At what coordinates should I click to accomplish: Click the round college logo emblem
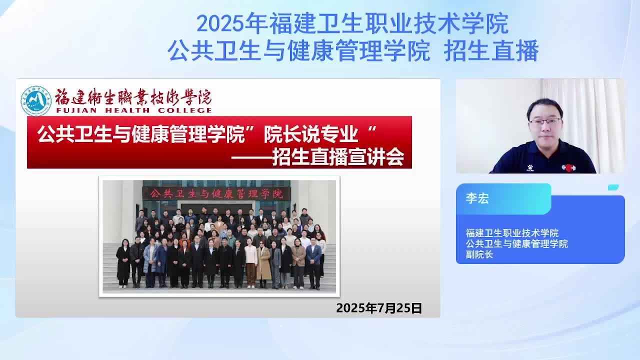36,100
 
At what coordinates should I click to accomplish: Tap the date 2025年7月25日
379,308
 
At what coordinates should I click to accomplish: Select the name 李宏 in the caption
477,198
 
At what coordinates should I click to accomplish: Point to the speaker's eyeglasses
545,121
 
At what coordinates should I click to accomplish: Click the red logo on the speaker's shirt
568,167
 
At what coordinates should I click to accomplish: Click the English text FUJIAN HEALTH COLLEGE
133,110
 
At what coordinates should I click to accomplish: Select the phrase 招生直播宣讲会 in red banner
338,157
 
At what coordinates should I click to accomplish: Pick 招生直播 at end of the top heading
491,51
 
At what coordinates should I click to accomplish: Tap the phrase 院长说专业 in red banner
311,134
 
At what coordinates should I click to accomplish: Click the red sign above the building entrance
216,194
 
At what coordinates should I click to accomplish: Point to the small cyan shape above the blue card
613,187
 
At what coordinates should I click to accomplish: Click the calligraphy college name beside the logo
133,96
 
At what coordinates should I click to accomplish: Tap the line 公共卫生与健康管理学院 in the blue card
516,243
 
